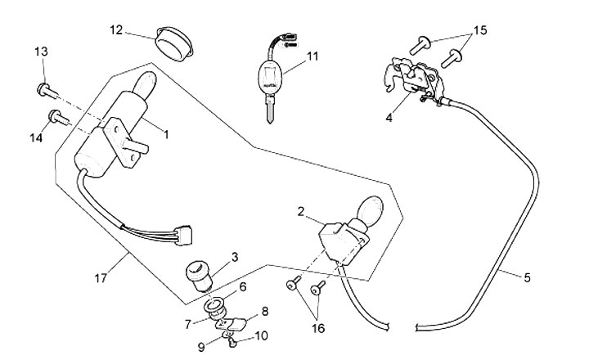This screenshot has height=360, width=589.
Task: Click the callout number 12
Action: (x=116, y=30)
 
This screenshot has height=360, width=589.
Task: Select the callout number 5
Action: (x=527, y=278)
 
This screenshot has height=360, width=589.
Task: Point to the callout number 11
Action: (x=313, y=56)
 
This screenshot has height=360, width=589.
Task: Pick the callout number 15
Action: (x=479, y=30)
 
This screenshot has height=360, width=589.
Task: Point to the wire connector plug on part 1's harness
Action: (x=184, y=235)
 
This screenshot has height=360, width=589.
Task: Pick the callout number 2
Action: (x=302, y=212)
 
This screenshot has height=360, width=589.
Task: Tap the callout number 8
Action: (x=263, y=311)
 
